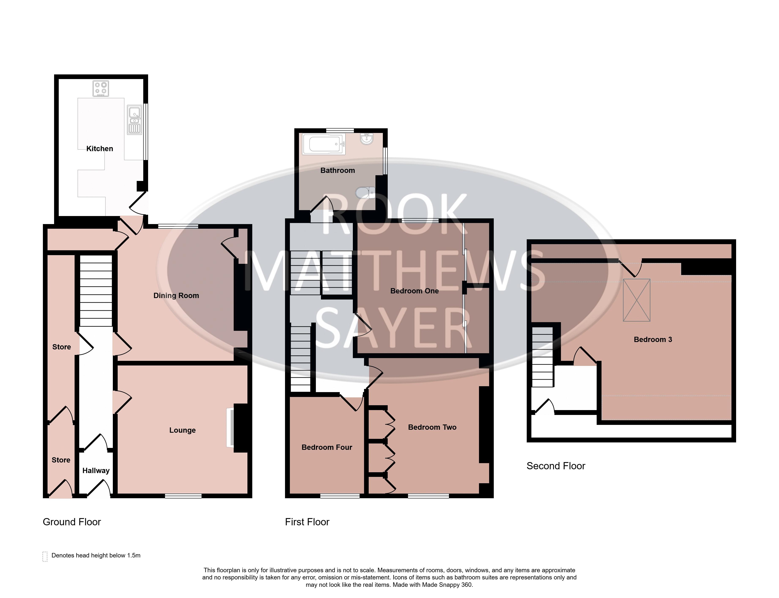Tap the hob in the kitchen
point(101,89)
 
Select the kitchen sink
point(134,120)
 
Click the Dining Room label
point(176,296)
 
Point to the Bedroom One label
point(414,291)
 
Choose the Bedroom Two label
point(432,427)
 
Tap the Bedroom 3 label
point(653,339)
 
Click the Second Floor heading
point(556,466)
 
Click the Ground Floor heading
point(72,522)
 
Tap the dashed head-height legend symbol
point(45,556)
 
